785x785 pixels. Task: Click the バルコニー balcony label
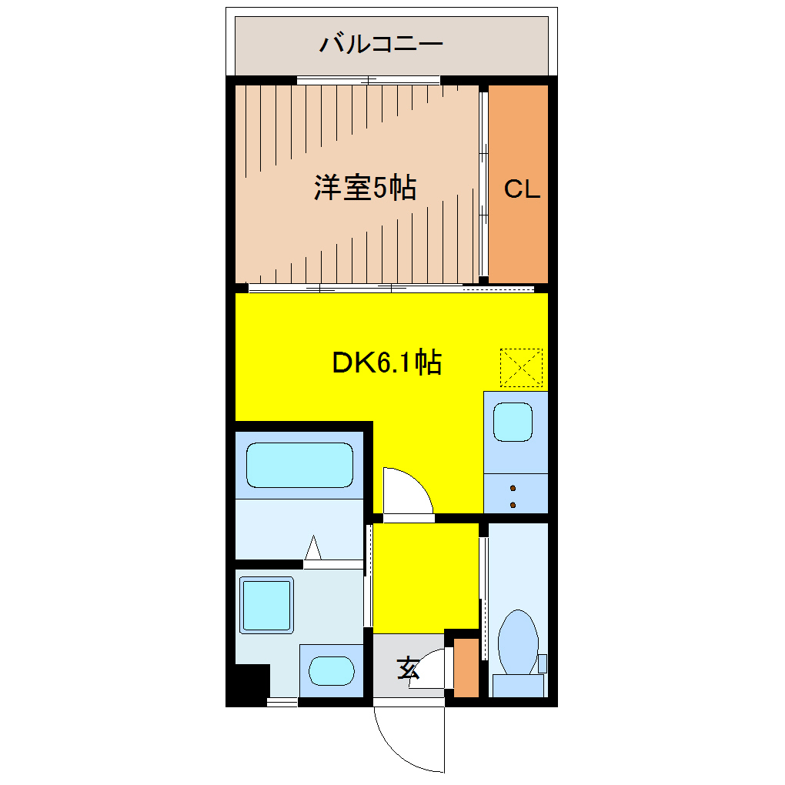coord(381,43)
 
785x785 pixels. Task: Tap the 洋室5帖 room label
coord(365,188)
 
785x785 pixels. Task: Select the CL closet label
coord(522,189)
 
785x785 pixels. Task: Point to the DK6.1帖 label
coord(386,362)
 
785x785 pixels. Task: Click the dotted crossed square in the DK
coord(521,368)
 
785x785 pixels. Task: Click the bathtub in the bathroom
coord(299,465)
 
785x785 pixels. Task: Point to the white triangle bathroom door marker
coord(313,549)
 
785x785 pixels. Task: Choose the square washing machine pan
coord(266,605)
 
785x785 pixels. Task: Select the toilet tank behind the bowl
coord(517,684)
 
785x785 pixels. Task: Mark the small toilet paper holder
coord(542,663)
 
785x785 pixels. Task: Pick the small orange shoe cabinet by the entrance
coord(466,667)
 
